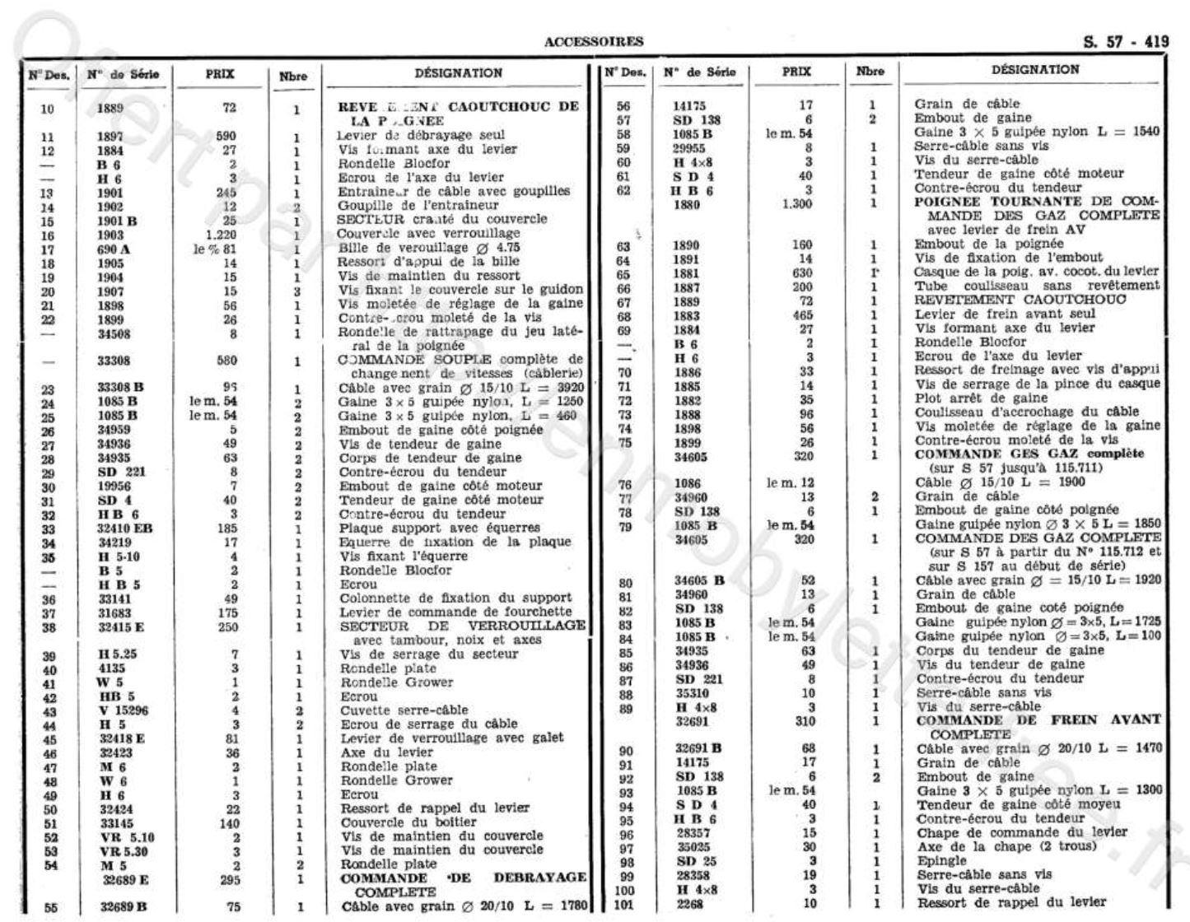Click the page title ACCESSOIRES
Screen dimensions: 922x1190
click(594, 42)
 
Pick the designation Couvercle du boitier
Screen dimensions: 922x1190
click(408, 822)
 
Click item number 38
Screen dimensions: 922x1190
click(49, 626)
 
